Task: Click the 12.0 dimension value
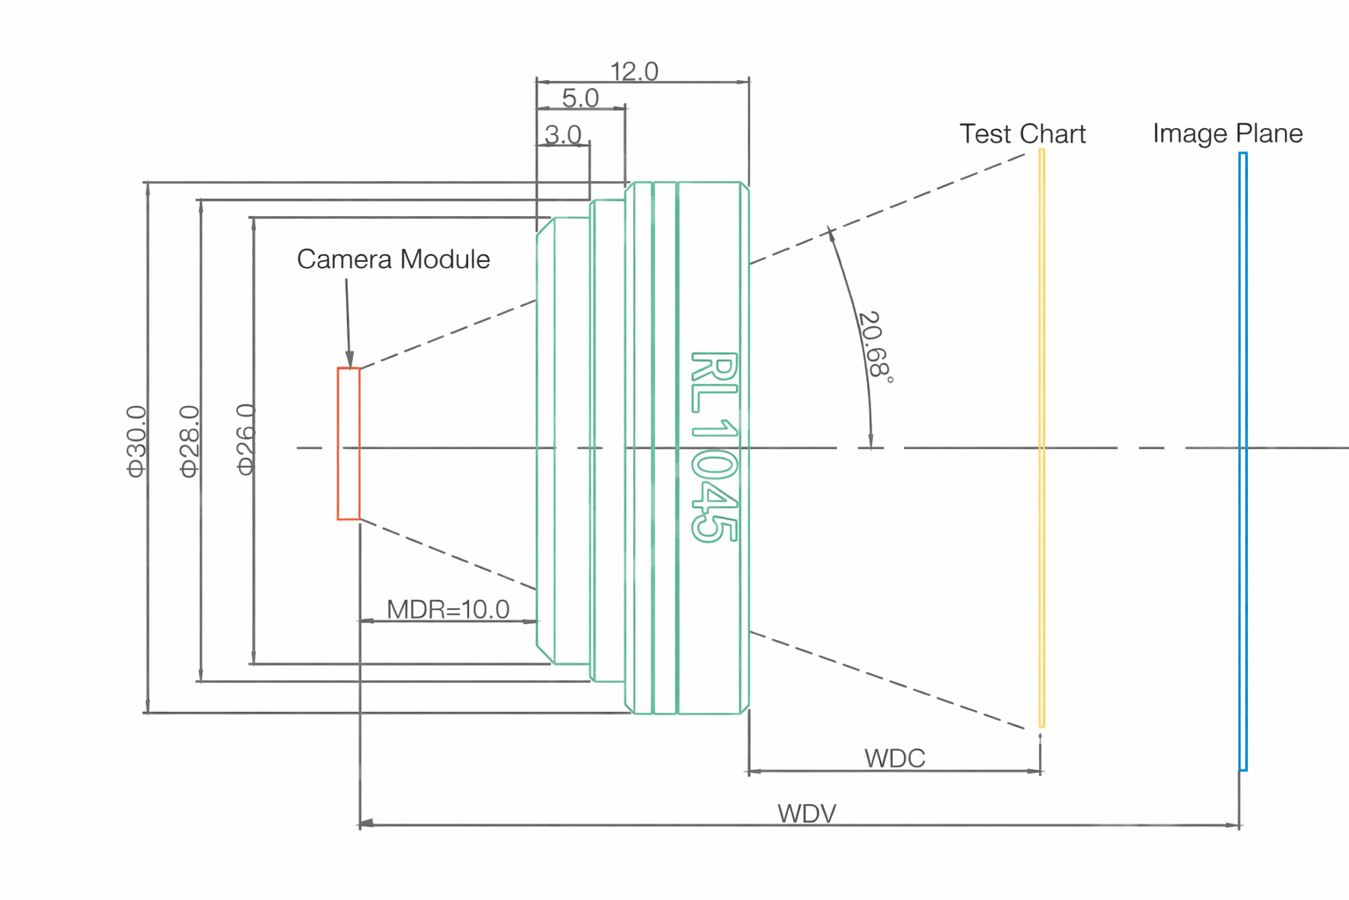(x=634, y=71)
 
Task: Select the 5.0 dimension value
(x=580, y=98)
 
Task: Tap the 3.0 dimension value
(x=563, y=134)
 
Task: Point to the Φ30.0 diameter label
(x=137, y=441)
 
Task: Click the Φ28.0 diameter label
(x=190, y=441)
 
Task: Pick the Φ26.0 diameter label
(x=246, y=439)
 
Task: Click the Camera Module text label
(x=393, y=259)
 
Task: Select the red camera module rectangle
(x=349, y=444)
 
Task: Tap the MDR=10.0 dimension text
(x=448, y=609)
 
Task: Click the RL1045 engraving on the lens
(x=713, y=446)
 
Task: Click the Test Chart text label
(x=1022, y=134)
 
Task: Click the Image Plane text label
(x=1227, y=134)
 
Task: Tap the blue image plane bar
(x=1243, y=461)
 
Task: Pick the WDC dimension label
(x=894, y=758)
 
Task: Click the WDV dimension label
(x=806, y=813)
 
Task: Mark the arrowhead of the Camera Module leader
(x=350, y=360)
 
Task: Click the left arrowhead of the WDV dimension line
(x=366, y=824)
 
